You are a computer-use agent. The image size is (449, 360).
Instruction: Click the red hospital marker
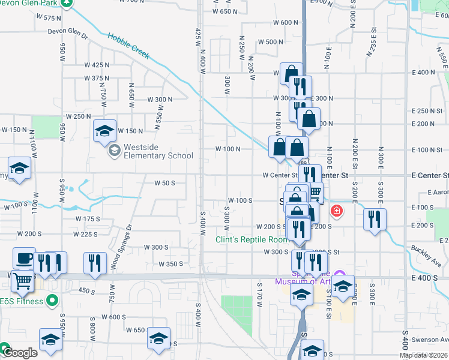[337, 211]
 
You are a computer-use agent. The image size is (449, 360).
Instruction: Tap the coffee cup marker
[24, 258]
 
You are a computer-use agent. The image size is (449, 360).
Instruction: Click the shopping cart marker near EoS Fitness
[22, 281]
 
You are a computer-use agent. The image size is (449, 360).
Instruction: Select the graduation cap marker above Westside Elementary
[104, 130]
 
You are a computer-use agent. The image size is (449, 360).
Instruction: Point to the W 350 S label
[170, 264]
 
